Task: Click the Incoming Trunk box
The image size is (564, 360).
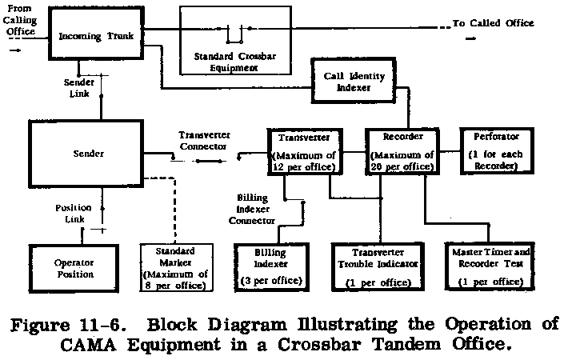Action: click(97, 37)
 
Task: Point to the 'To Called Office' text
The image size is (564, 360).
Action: click(493, 23)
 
